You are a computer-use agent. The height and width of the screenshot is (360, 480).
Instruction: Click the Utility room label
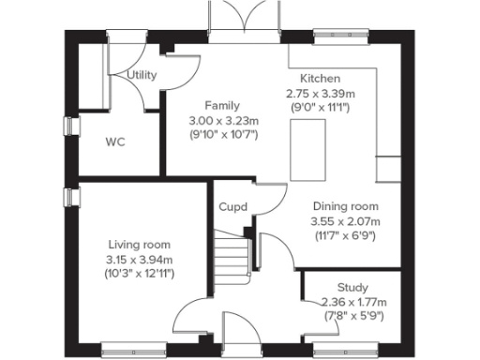[142, 75]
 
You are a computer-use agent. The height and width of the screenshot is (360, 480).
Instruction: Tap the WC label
[115, 142]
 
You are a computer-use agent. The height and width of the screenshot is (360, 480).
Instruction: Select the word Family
[222, 105]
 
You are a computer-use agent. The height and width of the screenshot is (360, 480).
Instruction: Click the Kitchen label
[320, 79]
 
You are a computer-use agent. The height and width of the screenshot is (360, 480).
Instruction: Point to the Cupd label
[232, 206]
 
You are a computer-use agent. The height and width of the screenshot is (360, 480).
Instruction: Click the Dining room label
[346, 206]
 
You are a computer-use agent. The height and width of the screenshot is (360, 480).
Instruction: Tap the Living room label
[139, 245]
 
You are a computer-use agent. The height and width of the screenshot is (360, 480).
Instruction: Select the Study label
[352, 287]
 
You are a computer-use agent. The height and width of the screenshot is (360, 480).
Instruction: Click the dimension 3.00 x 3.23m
[223, 120]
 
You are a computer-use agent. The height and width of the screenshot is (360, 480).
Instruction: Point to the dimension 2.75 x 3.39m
[320, 94]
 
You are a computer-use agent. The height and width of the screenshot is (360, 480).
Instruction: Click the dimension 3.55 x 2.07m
[346, 221]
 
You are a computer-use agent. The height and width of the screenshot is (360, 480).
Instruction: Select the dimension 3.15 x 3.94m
[139, 260]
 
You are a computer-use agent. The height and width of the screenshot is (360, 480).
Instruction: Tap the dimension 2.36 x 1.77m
[352, 302]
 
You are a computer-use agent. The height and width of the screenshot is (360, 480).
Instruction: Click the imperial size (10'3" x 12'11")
[139, 274]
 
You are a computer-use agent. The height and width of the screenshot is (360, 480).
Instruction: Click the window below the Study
[340, 349]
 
